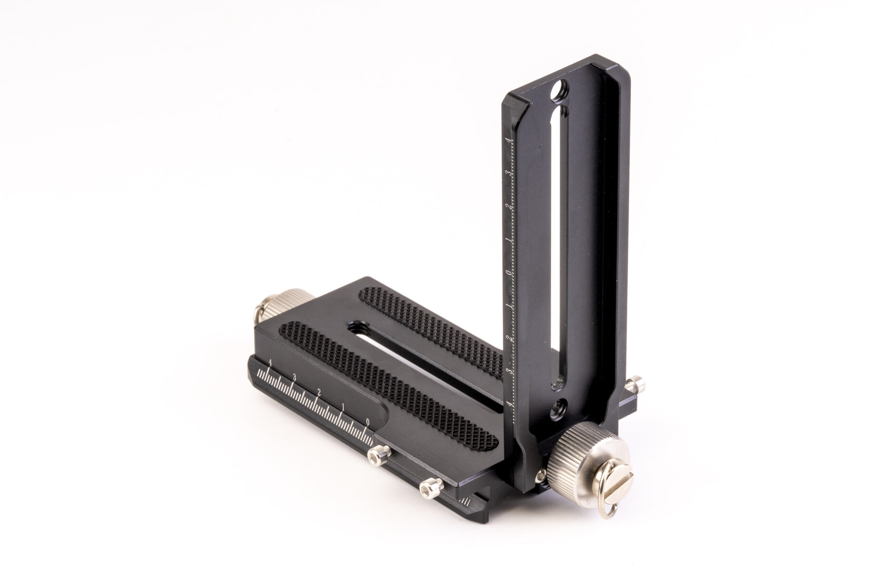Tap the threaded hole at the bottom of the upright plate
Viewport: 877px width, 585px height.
pos(558,409)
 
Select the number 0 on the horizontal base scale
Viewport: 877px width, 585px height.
pos(368,422)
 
